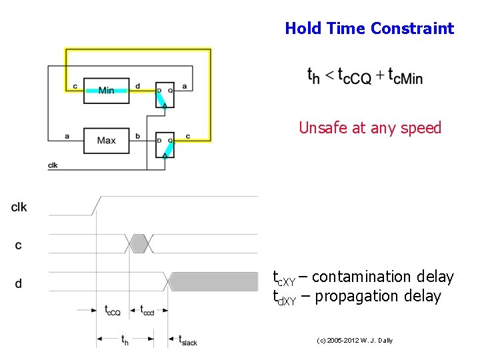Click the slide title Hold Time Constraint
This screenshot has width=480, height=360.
click(x=369, y=29)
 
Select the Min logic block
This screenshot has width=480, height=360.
click(x=106, y=90)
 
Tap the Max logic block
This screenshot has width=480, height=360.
click(x=106, y=141)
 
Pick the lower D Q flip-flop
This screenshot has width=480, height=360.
click(x=164, y=145)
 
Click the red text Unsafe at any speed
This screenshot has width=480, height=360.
click(x=370, y=127)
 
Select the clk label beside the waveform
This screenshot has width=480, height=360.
click(x=19, y=207)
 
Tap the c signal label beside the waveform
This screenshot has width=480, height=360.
click(x=18, y=245)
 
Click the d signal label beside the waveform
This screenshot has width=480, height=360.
click(x=18, y=283)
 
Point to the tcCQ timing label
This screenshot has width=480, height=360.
click(x=112, y=309)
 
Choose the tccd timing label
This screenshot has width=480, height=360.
click(x=147, y=309)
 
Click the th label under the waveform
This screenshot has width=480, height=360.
click(x=125, y=340)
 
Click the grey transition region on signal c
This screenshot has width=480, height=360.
click(x=139, y=243)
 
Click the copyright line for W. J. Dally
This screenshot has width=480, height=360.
click(x=355, y=341)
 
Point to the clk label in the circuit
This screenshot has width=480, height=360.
click(x=53, y=165)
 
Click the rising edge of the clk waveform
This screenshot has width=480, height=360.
click(x=97, y=205)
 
